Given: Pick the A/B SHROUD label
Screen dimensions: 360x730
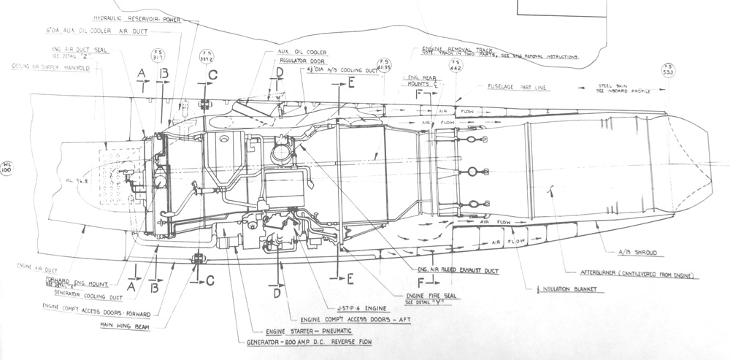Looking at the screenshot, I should pos(639,252).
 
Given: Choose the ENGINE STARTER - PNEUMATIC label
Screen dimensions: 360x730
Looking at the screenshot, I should pos(294,331).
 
